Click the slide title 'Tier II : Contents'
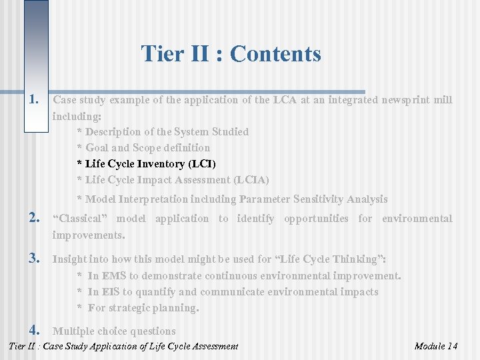(x=231, y=53)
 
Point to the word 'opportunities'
(x=316, y=219)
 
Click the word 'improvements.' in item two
(x=89, y=235)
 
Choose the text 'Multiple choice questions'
(x=114, y=331)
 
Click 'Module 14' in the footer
(x=435, y=346)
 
